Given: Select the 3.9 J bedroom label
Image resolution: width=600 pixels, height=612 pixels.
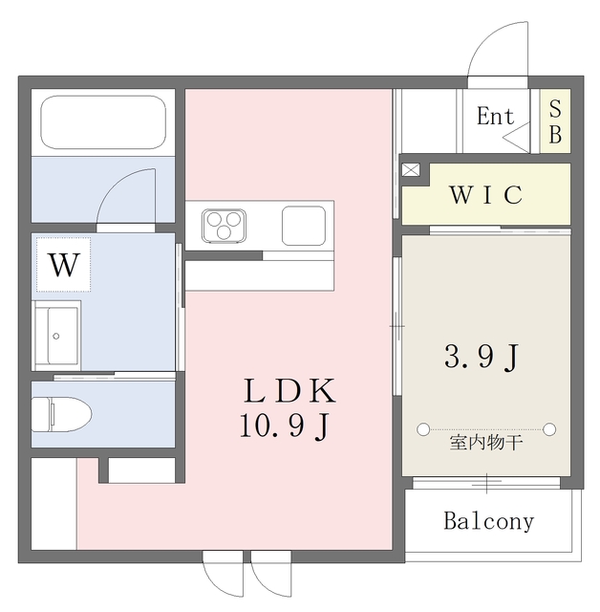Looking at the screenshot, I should tap(482, 358).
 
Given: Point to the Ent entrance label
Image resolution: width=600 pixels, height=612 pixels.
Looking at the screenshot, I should tap(495, 117).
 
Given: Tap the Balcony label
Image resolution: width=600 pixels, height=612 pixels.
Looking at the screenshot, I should tap(488, 522).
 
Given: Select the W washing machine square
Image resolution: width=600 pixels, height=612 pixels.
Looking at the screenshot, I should tap(63, 265).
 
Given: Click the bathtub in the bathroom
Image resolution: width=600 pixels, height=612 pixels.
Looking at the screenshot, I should tap(103, 121).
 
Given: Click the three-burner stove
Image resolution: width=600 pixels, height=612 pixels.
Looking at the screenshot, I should tap(224, 226).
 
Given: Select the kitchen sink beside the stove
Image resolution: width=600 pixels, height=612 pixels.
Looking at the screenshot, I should tap(305, 226).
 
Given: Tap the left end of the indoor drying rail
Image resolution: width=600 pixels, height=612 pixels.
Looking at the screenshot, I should tap(421, 428).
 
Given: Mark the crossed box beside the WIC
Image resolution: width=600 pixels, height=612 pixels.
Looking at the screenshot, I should tap(411, 170).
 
